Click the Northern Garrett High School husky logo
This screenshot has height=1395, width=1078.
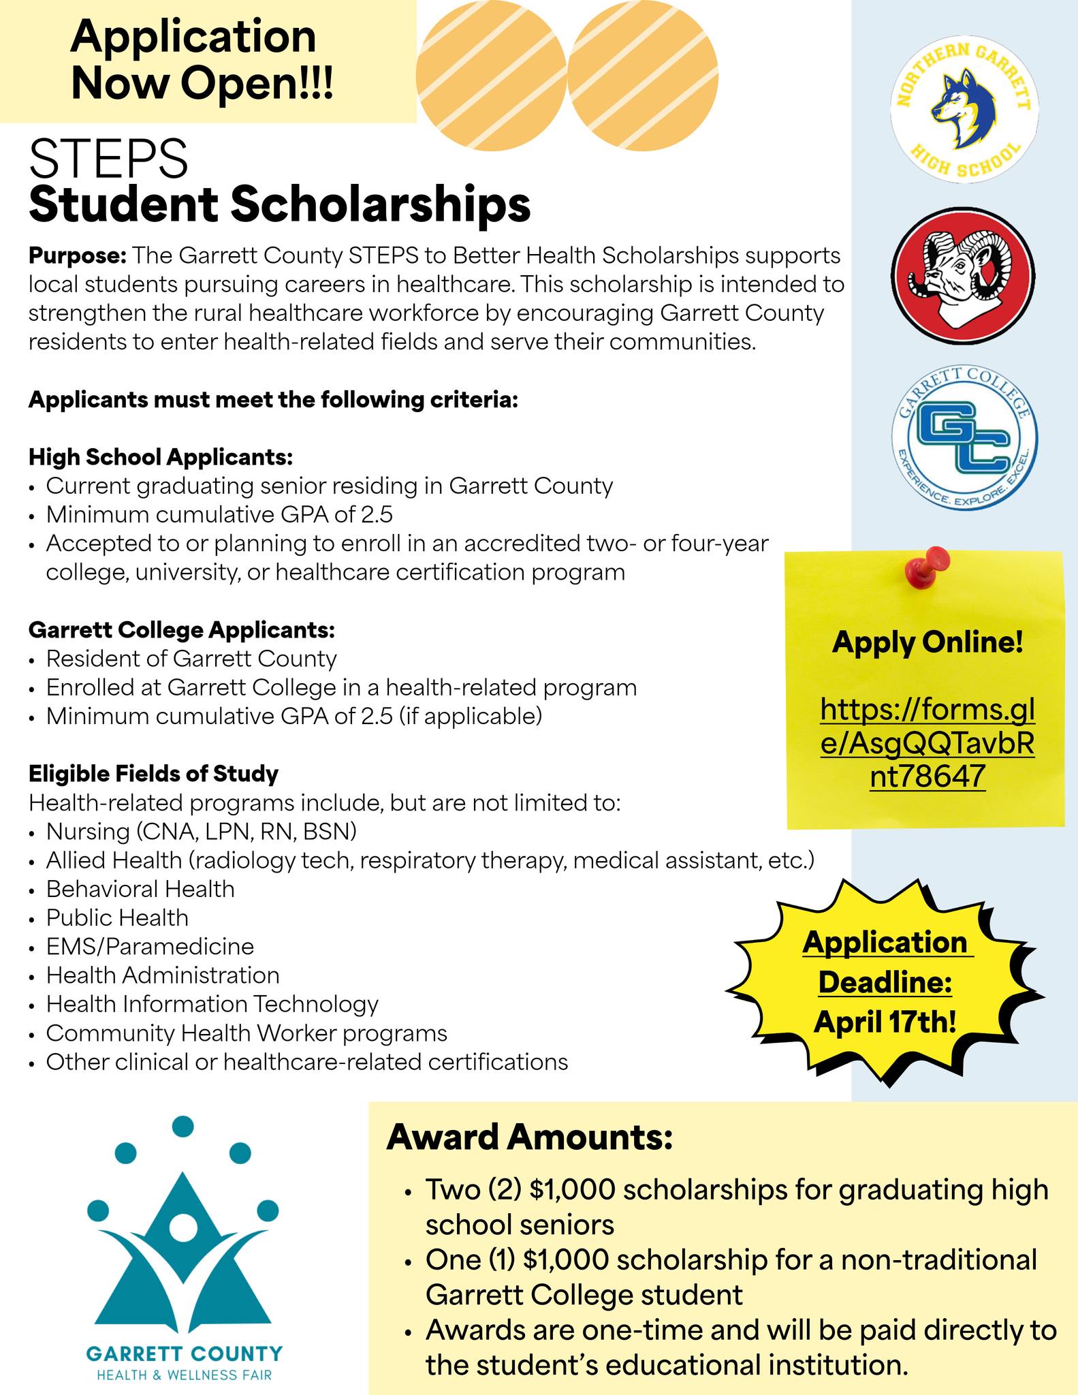coord(964,110)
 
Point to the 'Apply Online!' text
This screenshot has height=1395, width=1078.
coord(928,642)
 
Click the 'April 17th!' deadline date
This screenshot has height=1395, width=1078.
coord(885,1021)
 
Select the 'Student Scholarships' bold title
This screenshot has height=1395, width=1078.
coord(279,204)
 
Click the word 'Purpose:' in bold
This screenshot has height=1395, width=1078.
coord(78,256)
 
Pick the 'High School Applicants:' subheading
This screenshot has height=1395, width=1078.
coord(161,457)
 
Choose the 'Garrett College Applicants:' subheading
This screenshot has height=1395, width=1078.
coord(181,630)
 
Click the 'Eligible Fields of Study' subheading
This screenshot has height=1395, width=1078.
coord(153,774)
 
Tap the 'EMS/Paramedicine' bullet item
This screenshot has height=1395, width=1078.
coord(150,947)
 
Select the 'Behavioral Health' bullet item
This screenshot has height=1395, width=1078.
coord(140,889)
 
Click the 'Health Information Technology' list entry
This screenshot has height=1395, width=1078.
coord(212,1004)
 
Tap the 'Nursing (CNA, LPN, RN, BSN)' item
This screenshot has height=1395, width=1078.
coord(202,832)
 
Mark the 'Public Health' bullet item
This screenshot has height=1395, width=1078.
coord(117,918)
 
